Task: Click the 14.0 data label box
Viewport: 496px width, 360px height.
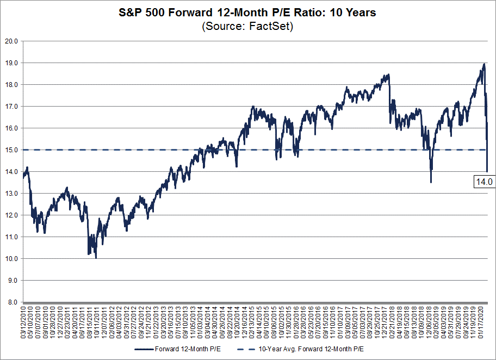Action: click(483, 182)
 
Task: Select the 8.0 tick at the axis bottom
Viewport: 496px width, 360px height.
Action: click(12, 302)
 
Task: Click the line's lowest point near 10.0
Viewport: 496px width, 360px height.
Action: click(96, 257)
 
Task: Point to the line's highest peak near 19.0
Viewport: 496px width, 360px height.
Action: click(483, 64)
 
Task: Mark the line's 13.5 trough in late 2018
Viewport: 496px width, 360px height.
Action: click(431, 182)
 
